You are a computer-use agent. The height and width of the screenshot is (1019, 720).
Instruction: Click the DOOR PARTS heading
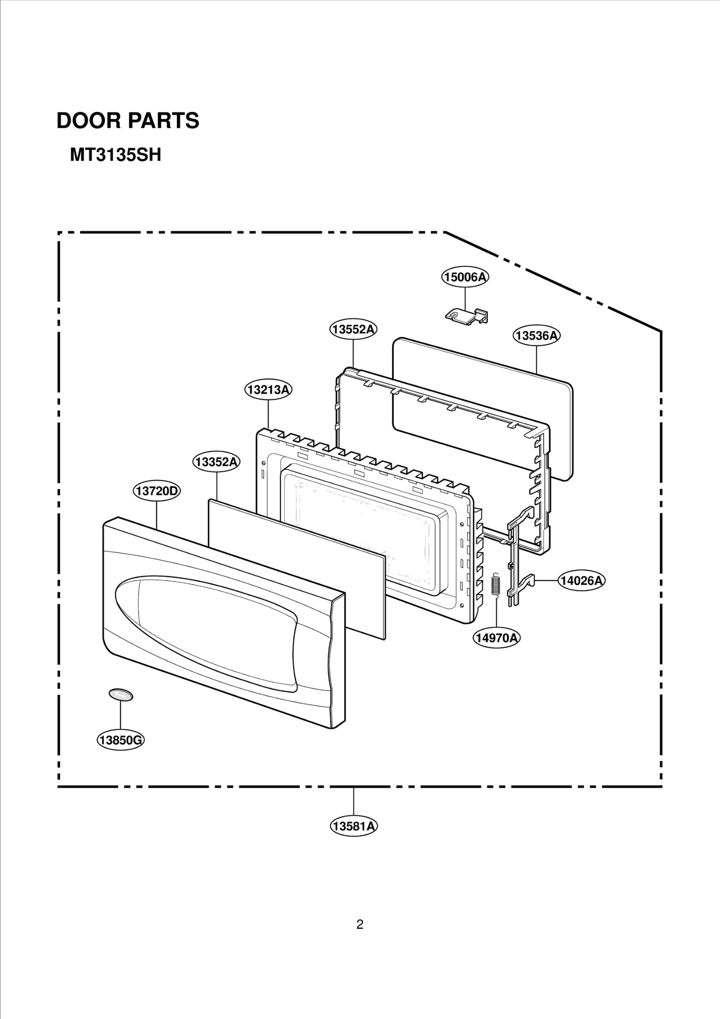coord(128,121)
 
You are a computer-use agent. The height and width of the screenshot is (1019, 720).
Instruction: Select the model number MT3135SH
coord(115,156)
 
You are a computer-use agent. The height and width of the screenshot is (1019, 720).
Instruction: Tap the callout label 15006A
coord(465,277)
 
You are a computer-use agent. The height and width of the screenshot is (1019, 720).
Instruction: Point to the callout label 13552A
coord(353,329)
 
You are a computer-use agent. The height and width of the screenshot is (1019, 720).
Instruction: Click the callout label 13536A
coord(536,336)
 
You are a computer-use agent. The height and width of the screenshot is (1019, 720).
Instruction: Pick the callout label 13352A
coord(216,462)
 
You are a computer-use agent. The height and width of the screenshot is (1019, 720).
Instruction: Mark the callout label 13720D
coord(157,491)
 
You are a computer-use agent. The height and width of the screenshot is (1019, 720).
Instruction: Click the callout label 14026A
coord(581,581)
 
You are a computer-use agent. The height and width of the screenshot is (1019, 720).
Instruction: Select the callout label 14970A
coord(496,638)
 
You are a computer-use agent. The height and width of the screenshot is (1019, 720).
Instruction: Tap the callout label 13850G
coord(121,740)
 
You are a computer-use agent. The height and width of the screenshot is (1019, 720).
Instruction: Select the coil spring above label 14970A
coord(496,586)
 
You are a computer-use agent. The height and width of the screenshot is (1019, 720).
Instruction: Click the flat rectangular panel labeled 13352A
coord(297,567)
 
